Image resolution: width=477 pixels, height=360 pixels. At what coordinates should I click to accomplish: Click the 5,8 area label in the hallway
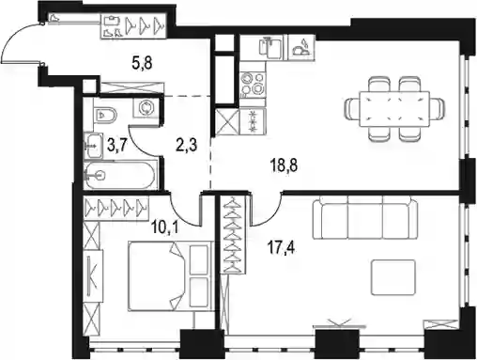pos(142,64)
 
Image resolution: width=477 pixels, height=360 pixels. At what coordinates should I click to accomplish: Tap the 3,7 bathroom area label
pos(116,145)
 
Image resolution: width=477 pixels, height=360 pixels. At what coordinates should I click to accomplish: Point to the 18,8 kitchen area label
pos(285,165)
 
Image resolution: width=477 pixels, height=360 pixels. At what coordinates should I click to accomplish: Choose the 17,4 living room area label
pos(281,247)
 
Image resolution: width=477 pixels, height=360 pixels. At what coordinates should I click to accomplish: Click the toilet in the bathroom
pos(105,116)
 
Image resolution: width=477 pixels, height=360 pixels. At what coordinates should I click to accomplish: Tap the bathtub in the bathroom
pos(119,175)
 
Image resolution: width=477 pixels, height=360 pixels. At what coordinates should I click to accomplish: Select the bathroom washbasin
pos(93,145)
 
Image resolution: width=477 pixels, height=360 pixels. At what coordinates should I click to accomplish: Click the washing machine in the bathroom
pos(146,107)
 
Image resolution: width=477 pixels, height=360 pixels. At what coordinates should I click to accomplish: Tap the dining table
pos(394,109)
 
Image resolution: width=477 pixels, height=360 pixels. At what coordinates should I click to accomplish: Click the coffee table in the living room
pos(393,277)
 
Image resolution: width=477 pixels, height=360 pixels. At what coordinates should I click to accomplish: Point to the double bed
pos(169,275)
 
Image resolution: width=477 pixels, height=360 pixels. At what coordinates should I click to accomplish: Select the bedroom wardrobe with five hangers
pos(116,207)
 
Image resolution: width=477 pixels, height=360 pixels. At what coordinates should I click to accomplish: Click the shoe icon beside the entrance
pos(54,18)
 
